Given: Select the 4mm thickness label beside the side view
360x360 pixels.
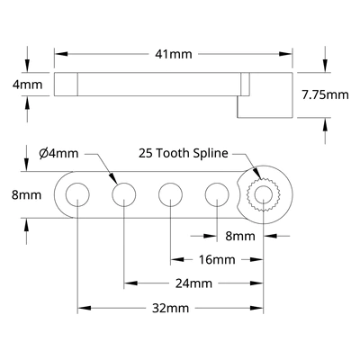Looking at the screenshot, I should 30,85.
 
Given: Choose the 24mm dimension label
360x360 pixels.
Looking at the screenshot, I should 193,283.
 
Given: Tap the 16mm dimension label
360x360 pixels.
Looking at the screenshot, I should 217,259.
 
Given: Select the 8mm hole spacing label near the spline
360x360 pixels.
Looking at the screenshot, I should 240,236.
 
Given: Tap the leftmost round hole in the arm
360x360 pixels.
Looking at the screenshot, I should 77,193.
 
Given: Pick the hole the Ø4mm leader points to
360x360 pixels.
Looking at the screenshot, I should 123,193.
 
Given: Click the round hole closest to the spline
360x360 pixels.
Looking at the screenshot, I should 216,193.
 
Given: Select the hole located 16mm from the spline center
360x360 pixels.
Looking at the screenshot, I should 170,193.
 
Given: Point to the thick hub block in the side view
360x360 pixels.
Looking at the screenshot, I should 265,95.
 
